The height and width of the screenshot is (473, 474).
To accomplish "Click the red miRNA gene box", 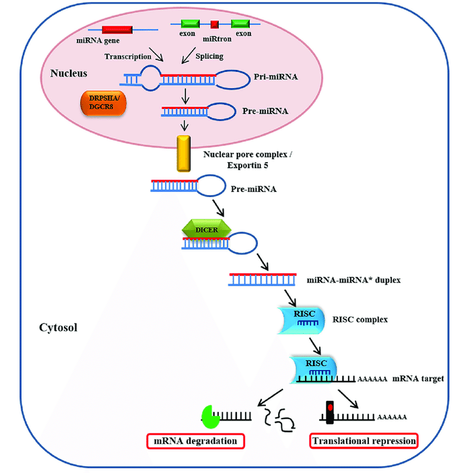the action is tap(117, 30).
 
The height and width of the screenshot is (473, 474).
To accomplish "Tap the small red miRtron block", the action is tap(215, 24).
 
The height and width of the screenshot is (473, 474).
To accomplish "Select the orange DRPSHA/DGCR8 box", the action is tap(104, 103).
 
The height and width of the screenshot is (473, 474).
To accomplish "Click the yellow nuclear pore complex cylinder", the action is tap(184, 153).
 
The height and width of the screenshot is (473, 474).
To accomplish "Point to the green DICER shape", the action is tap(207, 229).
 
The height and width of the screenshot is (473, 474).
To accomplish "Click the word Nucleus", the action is tap(69, 73).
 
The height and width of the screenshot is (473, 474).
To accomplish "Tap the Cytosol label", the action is tap(58, 328).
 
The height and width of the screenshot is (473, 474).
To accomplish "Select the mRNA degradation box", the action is tap(195, 441).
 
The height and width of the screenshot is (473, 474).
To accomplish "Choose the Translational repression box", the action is tap(364, 441).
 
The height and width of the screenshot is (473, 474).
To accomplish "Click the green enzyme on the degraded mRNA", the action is tap(210, 417).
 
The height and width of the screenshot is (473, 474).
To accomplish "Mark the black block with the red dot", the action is tap(330, 412).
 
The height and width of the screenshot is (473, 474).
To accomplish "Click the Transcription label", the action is tap(128, 57).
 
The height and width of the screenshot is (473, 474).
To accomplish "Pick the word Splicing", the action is tap(209, 56).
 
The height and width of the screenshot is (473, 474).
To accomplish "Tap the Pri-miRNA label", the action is tap(275, 77).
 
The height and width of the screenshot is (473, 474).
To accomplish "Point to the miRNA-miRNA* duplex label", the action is tap(353, 280).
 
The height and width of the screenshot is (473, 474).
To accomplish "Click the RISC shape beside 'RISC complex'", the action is tap(302, 320).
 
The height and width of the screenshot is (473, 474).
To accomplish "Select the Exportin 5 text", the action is tap(248, 166).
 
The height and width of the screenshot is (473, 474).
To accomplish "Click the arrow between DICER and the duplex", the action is tap(263, 262).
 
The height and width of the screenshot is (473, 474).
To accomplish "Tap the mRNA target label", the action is tap(418, 378).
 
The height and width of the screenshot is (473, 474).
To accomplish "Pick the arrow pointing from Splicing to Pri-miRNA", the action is tap(189, 55).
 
